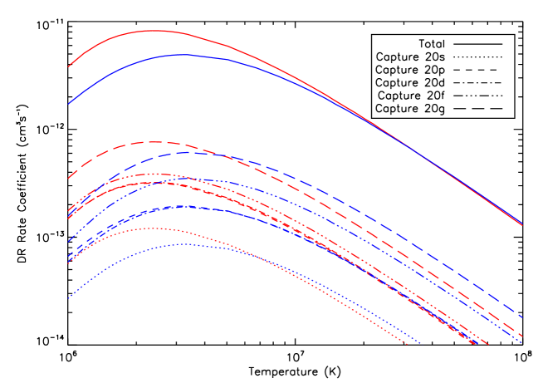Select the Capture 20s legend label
click(410, 56)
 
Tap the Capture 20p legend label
click(410, 70)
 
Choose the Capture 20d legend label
click(410, 82)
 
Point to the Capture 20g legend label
click(410, 109)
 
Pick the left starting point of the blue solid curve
click(69, 104)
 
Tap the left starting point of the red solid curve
click(69, 66)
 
